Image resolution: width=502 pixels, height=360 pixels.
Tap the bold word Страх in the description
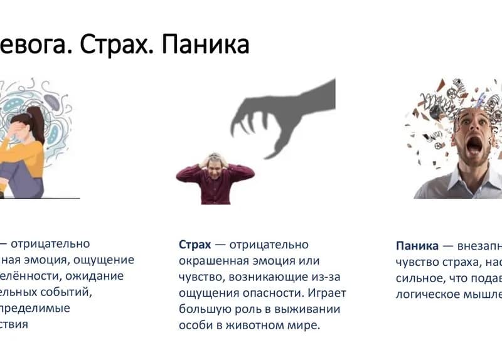point(195,245)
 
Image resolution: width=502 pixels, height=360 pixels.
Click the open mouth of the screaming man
point(474,146)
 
